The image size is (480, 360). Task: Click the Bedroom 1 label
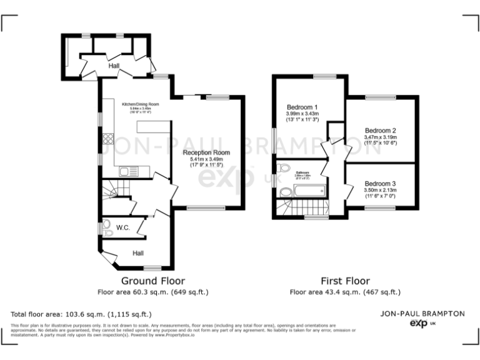[302, 106]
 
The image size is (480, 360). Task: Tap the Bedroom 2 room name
[381, 131]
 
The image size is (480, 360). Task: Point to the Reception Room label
[206, 152]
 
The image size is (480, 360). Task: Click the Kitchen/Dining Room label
[141, 104]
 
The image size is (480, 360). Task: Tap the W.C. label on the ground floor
[123, 228]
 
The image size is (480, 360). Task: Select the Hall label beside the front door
[137, 253]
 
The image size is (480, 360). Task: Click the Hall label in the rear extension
[114, 66]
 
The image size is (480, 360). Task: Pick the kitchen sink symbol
[129, 171]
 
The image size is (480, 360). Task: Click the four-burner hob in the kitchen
[108, 140]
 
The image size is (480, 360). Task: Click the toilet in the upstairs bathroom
[285, 168]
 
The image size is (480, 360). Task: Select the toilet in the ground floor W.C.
[107, 227]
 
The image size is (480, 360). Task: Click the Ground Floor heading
[152, 281]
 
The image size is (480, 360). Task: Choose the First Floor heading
[345, 281]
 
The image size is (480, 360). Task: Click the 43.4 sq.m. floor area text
[345, 292]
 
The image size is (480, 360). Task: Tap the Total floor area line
[81, 314]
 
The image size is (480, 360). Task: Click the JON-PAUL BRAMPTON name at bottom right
[423, 313]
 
